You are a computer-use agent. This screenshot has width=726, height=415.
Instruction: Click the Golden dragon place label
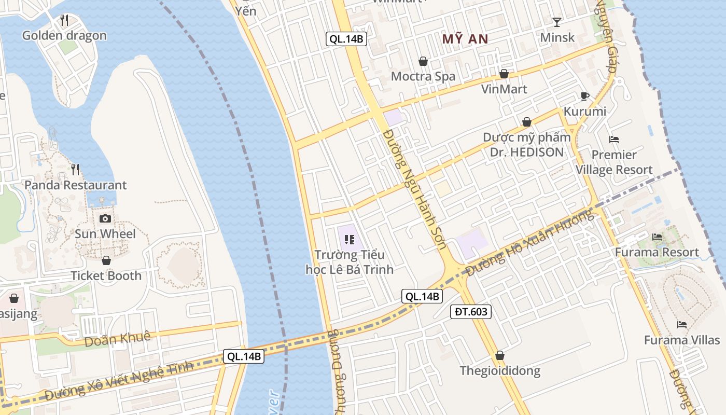(x=64, y=36)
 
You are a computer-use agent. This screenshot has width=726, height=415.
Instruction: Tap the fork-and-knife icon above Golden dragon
(x=64, y=20)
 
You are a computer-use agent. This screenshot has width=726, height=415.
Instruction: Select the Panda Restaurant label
(x=76, y=185)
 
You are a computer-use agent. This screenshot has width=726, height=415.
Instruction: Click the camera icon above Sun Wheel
(x=105, y=218)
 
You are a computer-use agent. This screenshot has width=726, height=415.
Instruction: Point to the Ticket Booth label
(x=106, y=276)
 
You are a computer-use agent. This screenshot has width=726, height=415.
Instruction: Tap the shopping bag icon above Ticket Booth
(x=106, y=260)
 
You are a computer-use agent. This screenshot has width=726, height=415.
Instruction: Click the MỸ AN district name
(x=465, y=39)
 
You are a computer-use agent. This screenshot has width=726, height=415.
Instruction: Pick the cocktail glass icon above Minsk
(x=557, y=22)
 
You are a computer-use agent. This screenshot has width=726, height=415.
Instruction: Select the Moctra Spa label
(x=423, y=77)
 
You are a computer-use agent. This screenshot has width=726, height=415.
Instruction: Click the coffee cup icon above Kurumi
(x=584, y=96)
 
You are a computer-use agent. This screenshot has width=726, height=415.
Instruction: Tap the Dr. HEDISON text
(x=527, y=152)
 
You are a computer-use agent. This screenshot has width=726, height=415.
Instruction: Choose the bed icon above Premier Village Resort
(x=614, y=139)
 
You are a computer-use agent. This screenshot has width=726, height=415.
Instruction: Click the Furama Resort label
(x=657, y=253)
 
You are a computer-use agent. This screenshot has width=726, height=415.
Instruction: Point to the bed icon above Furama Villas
(x=682, y=325)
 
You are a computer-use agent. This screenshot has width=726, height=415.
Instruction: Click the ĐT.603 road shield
(x=470, y=312)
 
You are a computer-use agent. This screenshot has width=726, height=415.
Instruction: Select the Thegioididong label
(x=500, y=371)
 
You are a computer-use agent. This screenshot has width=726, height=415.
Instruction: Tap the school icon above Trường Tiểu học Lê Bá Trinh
(x=349, y=239)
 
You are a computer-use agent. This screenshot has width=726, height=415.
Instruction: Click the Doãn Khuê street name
(x=117, y=338)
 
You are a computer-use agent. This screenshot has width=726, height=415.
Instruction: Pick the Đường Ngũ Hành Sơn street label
(x=413, y=189)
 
